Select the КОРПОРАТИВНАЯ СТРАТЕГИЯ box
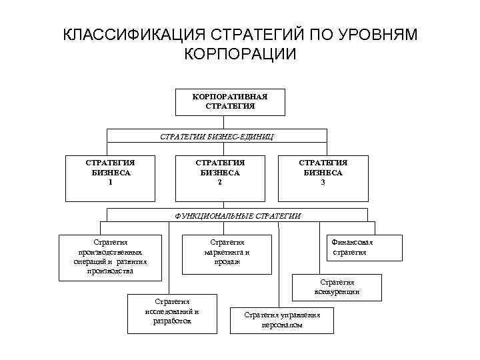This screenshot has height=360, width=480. tap(229, 101)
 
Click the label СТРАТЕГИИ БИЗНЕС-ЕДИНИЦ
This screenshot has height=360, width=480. tap(217, 136)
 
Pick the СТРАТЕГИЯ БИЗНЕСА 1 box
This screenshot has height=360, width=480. tap(111, 177)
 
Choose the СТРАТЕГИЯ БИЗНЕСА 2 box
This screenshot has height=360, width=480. tap(220, 177)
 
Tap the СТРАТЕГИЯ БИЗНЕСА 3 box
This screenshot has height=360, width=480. tap(323, 177)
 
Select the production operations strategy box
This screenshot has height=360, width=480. tap(111, 256)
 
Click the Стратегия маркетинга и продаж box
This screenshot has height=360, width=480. tap(227, 251)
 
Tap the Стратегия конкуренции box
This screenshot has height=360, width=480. tap(337, 287)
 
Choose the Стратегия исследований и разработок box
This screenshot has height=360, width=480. tap(172, 312)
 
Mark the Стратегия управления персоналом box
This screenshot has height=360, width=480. tap(282, 319)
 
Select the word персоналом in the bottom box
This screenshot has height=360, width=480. tap(282, 325)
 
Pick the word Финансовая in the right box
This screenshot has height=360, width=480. tap(352, 242)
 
